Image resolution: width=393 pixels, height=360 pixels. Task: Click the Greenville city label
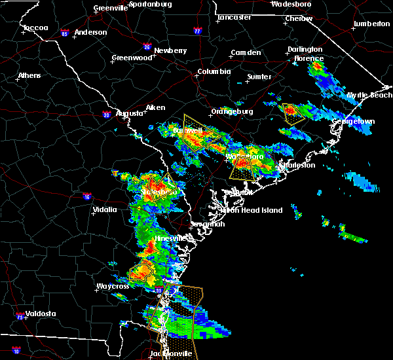coord(110,8)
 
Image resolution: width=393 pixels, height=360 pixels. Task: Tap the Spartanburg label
coord(150,4)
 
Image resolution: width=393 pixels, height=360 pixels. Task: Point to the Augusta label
coord(129,113)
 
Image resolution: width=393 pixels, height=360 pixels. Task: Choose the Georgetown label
coord(354,121)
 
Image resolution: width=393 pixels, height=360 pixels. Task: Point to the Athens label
coord(29,75)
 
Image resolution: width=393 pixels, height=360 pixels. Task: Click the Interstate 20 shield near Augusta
coord(107,115)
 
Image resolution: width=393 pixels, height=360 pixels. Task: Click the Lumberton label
coord(371,24)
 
